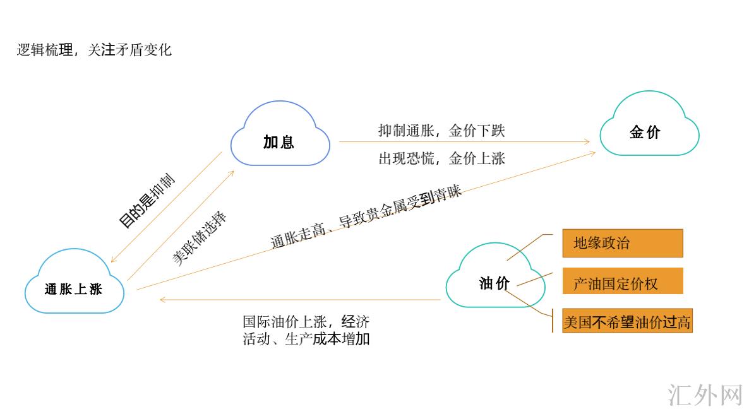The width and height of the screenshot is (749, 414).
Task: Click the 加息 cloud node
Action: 280,140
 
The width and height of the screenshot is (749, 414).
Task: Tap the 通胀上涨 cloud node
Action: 74,289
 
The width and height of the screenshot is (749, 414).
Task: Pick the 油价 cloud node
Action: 494,283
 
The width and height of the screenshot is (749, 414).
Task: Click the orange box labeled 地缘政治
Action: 622,243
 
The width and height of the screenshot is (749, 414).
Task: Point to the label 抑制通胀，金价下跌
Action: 441,131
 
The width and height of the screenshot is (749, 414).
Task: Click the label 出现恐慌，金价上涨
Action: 441,158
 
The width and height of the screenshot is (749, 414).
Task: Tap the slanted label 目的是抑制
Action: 147,201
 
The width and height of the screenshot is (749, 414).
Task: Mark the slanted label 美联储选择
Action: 200,238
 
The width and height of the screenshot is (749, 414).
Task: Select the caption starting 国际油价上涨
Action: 306,329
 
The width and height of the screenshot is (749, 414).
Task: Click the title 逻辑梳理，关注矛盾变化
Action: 94,50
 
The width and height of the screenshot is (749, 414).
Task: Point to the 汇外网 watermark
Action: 705,394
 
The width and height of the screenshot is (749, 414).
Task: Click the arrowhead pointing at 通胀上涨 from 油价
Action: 162,300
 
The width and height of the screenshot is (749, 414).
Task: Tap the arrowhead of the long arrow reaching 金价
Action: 592,152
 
